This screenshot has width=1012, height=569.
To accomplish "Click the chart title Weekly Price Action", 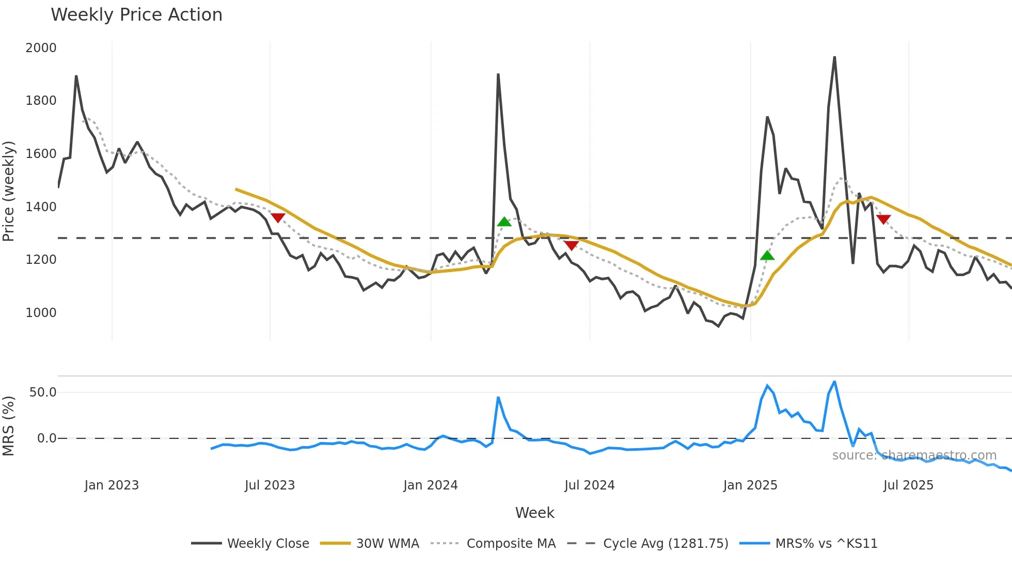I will click(x=136, y=15).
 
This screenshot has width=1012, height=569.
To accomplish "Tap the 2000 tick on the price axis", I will click(x=41, y=48).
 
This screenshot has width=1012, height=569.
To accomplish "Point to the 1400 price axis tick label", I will click(x=41, y=207).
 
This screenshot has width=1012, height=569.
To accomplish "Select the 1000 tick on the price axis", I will click(x=41, y=313).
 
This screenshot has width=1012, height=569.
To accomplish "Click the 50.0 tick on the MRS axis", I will click(x=43, y=392).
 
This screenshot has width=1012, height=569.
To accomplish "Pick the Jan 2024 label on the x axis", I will click(x=431, y=485).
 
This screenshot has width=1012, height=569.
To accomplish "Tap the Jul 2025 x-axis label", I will click(x=908, y=485).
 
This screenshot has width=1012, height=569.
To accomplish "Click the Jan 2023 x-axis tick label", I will click(x=112, y=485).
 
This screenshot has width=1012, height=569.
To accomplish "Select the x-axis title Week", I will click(x=534, y=513).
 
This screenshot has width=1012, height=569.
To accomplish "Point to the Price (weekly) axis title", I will click(x=8, y=191).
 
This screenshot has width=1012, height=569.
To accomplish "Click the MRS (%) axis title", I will click(x=8, y=426).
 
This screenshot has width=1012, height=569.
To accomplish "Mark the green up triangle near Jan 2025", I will click(x=767, y=255).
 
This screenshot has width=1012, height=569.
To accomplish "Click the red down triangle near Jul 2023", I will click(x=278, y=218).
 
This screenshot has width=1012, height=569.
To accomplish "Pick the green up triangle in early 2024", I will click(x=504, y=222).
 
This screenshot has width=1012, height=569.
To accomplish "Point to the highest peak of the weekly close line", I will click(x=834, y=57).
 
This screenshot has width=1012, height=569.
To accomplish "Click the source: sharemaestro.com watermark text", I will click(x=914, y=455).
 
